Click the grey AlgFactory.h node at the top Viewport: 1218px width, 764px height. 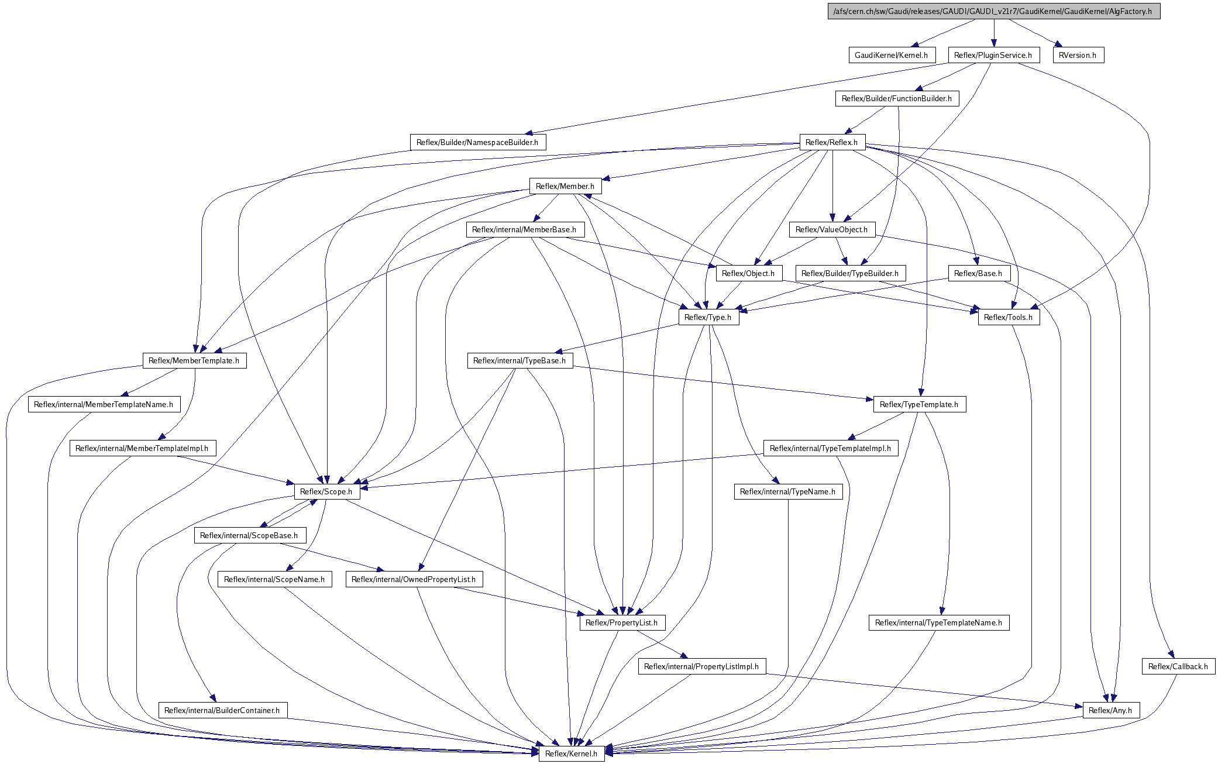[x=993, y=11]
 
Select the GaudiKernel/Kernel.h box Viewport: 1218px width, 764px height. [x=891, y=55]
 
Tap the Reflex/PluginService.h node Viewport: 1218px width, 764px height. [x=993, y=55]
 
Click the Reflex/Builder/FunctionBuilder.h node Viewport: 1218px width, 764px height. [x=896, y=98]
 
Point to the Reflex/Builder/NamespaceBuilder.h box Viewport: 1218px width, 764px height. [x=477, y=142]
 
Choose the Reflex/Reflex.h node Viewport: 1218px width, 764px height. [x=831, y=142]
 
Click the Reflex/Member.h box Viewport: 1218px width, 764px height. [x=565, y=186]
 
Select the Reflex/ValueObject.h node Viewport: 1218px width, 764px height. [x=831, y=229]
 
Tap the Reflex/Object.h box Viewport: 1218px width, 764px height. [x=748, y=273]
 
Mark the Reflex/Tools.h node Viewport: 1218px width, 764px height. [x=1008, y=317]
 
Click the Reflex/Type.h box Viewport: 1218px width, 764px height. [x=708, y=317]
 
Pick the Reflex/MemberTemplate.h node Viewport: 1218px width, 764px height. [x=194, y=360]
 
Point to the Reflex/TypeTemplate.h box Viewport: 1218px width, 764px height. [x=919, y=404]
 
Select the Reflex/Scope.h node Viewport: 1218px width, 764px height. [x=326, y=491]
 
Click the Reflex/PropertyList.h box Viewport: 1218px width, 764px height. [x=622, y=622]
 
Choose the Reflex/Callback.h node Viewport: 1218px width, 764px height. [x=1178, y=666]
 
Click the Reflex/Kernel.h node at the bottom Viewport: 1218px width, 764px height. [x=571, y=753]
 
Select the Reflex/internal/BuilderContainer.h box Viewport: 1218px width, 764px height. [x=222, y=710]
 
